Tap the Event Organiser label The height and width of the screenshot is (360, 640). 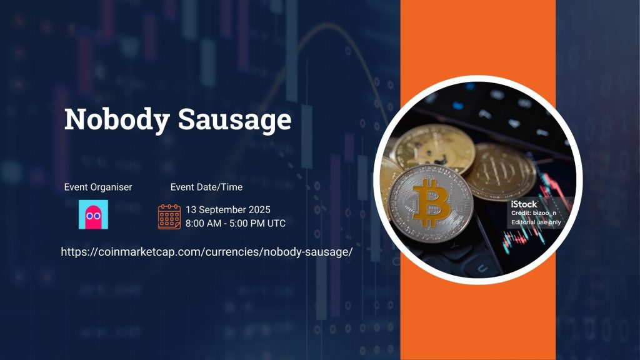tap(98, 187)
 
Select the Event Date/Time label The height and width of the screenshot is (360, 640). tap(206, 187)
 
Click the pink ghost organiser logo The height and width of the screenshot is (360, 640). tap(93, 214)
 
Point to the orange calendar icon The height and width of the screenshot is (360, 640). tap(169, 216)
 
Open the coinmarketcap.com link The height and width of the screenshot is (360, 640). tap(207, 252)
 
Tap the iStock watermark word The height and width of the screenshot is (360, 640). tap(524, 204)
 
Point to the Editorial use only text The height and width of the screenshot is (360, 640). tap(536, 222)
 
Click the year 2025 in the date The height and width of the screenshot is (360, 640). tap(259, 209)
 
